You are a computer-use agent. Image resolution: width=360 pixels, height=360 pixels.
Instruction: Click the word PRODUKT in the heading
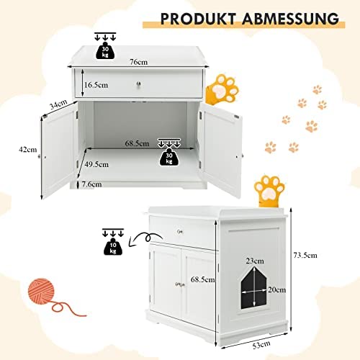click(x=199, y=19)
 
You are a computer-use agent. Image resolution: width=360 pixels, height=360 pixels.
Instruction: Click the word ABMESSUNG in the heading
click(x=291, y=19)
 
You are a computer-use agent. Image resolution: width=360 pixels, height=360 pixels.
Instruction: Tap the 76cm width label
click(x=138, y=62)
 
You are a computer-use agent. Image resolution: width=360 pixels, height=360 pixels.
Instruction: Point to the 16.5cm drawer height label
click(x=96, y=85)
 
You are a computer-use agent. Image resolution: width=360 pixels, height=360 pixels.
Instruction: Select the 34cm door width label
click(x=58, y=104)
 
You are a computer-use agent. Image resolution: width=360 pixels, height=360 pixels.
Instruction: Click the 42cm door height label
click(x=28, y=150)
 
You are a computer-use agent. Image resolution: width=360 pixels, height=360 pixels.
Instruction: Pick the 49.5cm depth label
click(x=96, y=164)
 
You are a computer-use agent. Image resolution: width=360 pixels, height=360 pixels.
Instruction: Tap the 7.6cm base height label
click(x=91, y=184)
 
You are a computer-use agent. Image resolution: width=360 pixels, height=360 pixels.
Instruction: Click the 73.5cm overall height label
click(x=305, y=255)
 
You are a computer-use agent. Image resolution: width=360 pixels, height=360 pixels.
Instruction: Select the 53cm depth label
click(x=261, y=345)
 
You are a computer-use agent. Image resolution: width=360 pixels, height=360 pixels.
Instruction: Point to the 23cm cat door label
click(x=255, y=261)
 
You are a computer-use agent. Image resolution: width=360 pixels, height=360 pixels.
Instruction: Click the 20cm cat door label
click(x=277, y=290)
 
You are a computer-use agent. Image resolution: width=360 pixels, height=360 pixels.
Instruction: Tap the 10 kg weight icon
click(x=113, y=246)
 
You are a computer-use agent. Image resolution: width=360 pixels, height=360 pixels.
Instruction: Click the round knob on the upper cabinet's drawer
click(x=139, y=84)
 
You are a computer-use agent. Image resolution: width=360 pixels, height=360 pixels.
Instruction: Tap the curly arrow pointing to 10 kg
click(x=146, y=238)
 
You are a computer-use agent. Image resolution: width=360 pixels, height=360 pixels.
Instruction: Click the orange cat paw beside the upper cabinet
click(x=222, y=89)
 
